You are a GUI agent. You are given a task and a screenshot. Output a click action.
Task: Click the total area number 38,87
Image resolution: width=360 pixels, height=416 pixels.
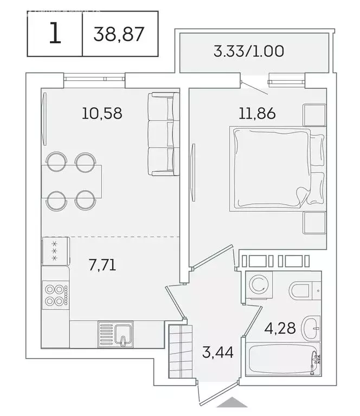[x=119, y=34]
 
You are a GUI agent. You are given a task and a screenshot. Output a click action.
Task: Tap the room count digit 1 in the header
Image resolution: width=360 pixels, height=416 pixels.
[x=54, y=34]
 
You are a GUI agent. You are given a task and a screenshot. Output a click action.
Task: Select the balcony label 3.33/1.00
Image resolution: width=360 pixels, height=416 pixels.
[x=249, y=52]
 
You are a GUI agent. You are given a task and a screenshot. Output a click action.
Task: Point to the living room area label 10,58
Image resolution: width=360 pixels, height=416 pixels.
[x=102, y=113]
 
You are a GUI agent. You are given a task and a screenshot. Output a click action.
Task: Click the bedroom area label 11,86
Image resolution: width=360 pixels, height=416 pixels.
[x=258, y=113]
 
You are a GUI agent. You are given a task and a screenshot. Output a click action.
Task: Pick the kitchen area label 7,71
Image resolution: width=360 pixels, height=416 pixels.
[x=102, y=265]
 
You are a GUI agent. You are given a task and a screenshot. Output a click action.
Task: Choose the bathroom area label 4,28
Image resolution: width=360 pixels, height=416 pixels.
[x=280, y=329]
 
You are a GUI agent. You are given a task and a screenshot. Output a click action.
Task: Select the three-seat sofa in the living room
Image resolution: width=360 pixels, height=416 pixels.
[x=163, y=134]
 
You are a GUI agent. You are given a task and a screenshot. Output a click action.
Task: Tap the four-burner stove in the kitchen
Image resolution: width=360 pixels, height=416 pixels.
[x=55, y=295]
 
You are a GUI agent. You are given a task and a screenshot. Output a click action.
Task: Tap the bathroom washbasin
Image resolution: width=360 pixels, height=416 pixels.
[x=310, y=327]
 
